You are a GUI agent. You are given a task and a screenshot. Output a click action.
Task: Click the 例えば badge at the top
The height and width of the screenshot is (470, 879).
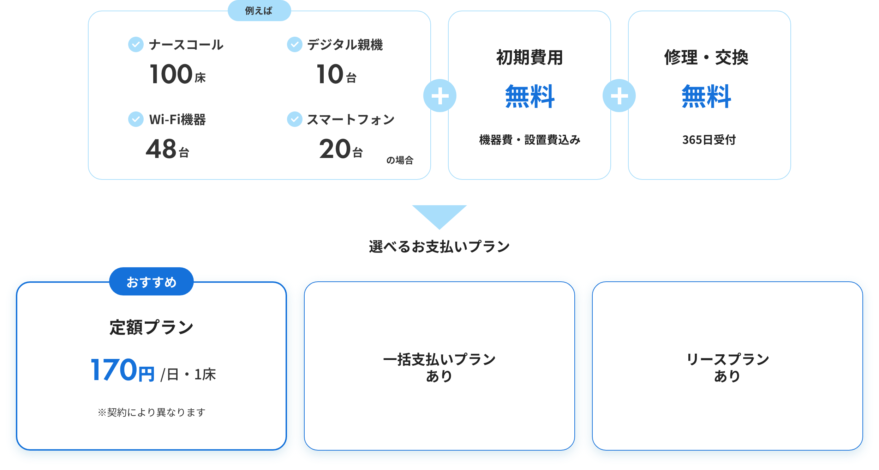259,11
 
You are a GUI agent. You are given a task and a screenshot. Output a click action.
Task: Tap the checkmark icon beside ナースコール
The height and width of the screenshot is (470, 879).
136,45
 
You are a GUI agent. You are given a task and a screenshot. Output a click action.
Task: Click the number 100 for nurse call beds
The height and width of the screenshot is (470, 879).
171,74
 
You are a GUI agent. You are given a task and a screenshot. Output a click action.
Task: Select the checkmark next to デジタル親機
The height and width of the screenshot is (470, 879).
294,45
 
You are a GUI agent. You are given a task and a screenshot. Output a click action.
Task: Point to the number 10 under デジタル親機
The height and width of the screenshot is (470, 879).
330,74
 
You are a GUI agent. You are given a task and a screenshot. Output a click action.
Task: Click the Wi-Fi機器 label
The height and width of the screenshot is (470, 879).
177,120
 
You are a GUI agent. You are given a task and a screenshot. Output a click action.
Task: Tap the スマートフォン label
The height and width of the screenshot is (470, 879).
351,120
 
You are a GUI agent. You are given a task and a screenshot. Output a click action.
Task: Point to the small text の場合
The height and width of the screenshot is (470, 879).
400,160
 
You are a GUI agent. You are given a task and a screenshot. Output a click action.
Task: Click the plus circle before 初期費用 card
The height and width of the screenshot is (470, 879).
440,96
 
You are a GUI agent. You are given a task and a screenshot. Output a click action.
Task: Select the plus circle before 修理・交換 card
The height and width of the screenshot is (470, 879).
619,96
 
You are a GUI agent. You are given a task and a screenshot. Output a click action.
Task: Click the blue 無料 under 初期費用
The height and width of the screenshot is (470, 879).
530,96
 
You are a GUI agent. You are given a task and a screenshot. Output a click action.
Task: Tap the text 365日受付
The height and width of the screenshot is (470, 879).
709,140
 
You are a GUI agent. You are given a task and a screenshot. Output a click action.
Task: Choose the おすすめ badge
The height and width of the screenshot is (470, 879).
151,282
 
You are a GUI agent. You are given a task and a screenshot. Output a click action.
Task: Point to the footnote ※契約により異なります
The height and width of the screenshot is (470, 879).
151,412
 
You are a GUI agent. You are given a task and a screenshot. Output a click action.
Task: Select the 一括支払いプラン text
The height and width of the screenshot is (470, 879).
439,360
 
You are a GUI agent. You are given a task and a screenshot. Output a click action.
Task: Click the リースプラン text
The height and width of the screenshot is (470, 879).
728,360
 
